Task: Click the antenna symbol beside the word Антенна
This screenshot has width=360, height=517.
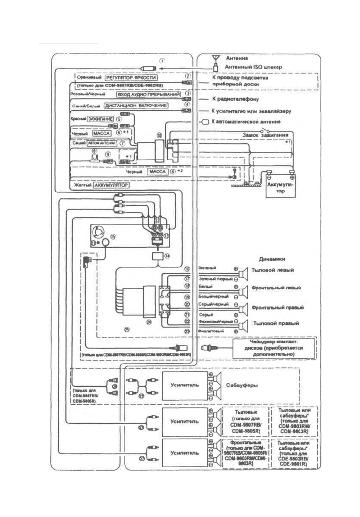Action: click(x=215, y=58)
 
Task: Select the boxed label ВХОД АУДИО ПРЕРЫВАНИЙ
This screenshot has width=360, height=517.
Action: click(x=148, y=95)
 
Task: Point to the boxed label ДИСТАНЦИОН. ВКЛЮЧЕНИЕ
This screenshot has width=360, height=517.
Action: click(x=135, y=106)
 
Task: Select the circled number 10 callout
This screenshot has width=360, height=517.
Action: click(x=159, y=134)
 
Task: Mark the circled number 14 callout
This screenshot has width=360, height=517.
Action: click(x=167, y=257)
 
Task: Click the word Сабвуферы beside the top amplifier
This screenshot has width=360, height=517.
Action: click(x=241, y=384)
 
